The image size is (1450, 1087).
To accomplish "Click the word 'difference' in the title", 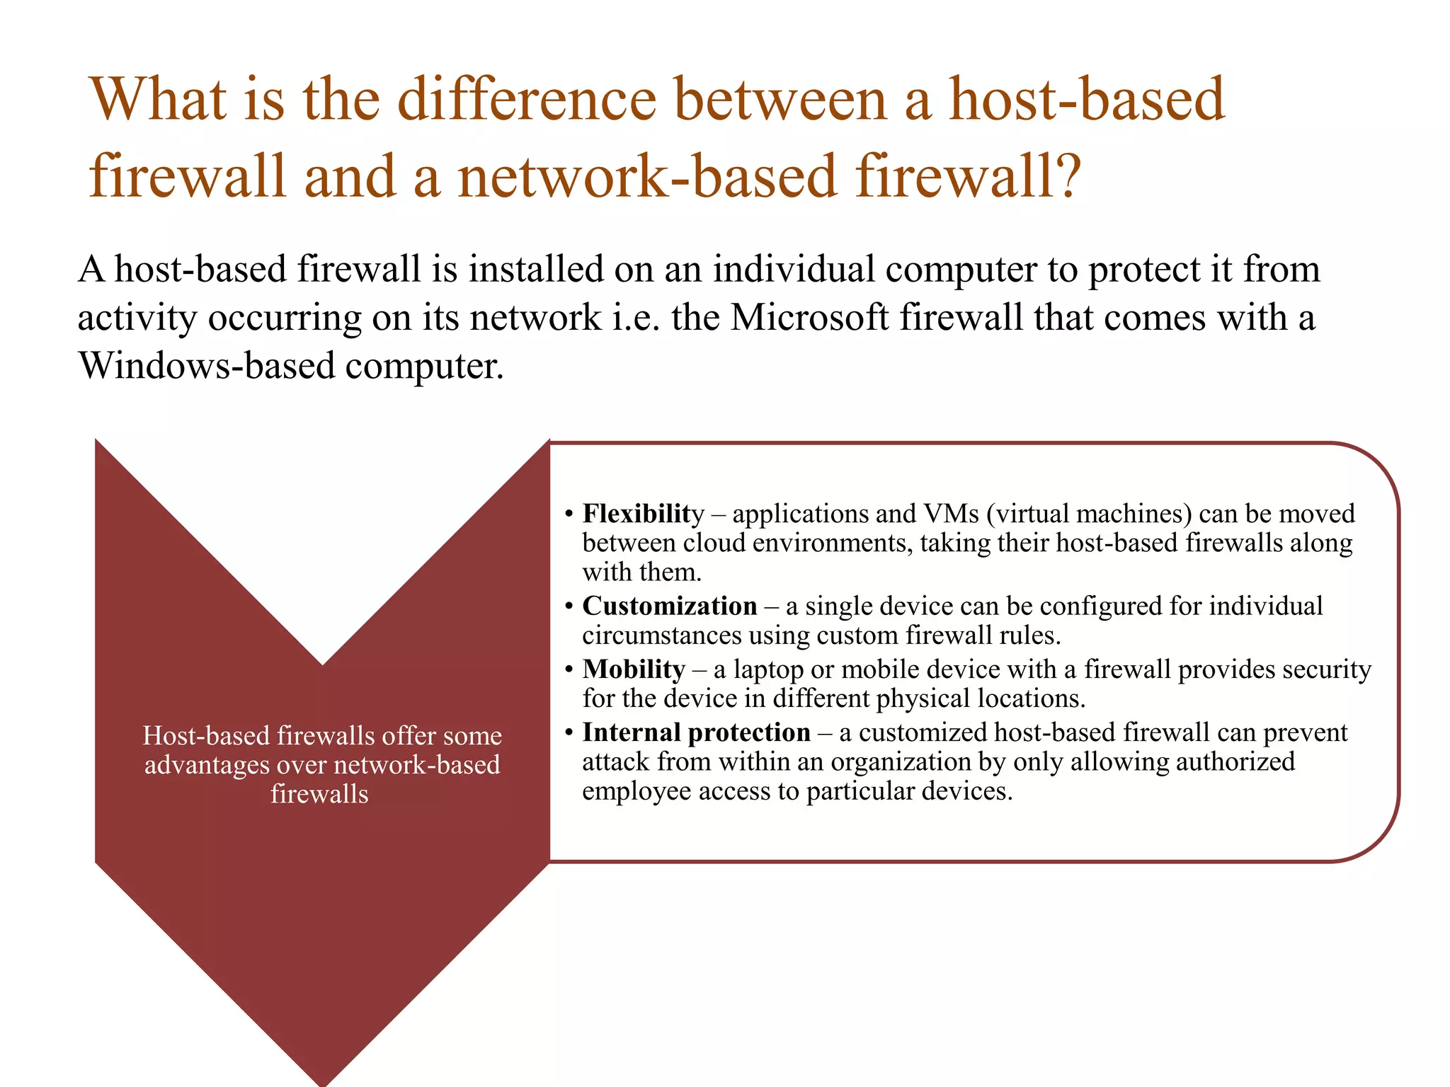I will pyautogui.click(x=527, y=100).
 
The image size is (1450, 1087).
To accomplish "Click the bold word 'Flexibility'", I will pyautogui.click(x=643, y=514).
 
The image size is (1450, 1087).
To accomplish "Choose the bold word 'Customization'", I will pyautogui.click(x=670, y=606).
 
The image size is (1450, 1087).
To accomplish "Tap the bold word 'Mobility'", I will pyautogui.click(x=634, y=669).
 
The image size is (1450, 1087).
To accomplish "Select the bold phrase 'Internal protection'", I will pyautogui.click(x=696, y=732).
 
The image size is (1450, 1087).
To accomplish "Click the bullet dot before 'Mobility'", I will pyautogui.click(x=569, y=669).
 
